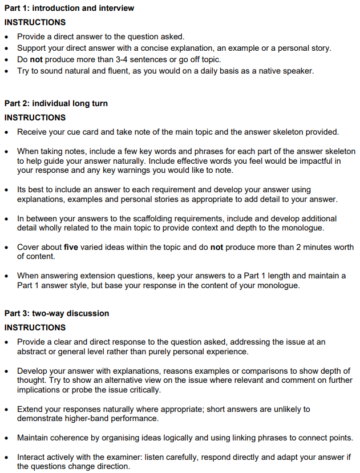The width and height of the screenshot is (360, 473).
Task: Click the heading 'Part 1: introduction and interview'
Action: click(69, 8)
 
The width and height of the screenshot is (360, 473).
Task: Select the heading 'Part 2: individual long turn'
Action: click(56, 103)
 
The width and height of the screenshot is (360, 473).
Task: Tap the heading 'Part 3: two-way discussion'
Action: click(56, 313)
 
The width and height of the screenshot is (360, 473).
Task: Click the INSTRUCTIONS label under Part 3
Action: click(35, 328)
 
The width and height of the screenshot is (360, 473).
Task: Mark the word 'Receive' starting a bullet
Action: click(33, 132)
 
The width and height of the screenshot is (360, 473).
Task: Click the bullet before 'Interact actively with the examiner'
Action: click(7, 457)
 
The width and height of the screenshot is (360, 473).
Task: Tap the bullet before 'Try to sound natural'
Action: click(7, 71)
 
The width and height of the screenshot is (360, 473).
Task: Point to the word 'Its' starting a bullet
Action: click(23, 189)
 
